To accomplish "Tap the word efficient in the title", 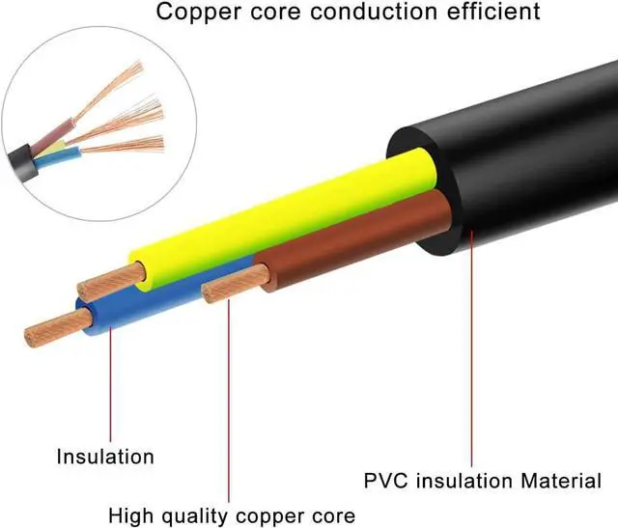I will pos(493,14).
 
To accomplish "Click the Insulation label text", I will pos(105,456).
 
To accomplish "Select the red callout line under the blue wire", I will pos(110,386).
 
